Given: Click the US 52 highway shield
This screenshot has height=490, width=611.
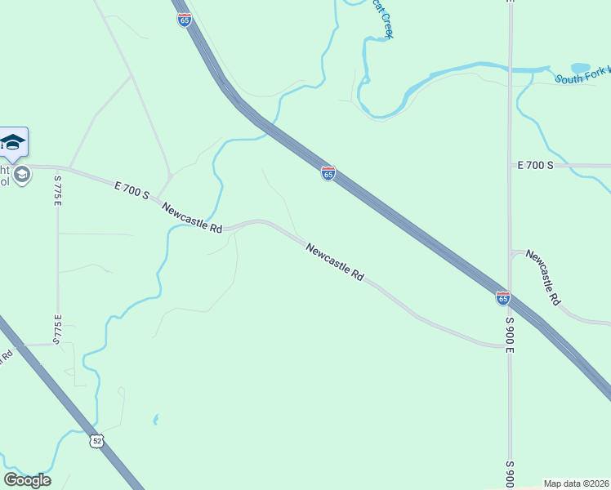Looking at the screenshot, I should pyautogui.click(x=97, y=441).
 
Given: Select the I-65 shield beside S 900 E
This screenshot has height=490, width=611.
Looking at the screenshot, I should pyautogui.click(x=503, y=299).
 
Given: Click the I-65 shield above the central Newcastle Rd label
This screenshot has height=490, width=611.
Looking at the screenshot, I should pyautogui.click(x=328, y=173).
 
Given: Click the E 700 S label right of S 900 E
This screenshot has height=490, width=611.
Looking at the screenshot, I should pyautogui.click(x=536, y=165).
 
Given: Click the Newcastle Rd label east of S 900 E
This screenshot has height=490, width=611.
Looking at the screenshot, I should pyautogui.click(x=543, y=278).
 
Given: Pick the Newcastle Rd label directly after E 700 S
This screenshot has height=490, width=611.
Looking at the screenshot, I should pyautogui.click(x=192, y=219).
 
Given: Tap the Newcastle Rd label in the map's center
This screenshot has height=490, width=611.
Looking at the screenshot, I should pyautogui.click(x=335, y=262).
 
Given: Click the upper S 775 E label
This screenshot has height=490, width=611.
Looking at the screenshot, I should pyautogui.click(x=58, y=191).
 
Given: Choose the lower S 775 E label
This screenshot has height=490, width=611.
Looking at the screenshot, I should pyautogui.click(x=58, y=329).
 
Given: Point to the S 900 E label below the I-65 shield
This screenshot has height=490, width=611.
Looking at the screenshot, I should pyautogui.click(x=509, y=335).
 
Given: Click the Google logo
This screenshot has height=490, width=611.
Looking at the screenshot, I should pyautogui.click(x=27, y=480).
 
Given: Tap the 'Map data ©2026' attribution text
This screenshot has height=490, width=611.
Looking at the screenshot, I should pyautogui.click(x=577, y=483).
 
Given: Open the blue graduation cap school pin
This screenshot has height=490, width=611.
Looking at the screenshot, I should pyautogui.click(x=14, y=142).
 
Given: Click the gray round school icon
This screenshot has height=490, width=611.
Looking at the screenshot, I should pyautogui.click(x=22, y=174).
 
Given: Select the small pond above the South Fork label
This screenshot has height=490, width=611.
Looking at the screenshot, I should pyautogui.click(x=580, y=68).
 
